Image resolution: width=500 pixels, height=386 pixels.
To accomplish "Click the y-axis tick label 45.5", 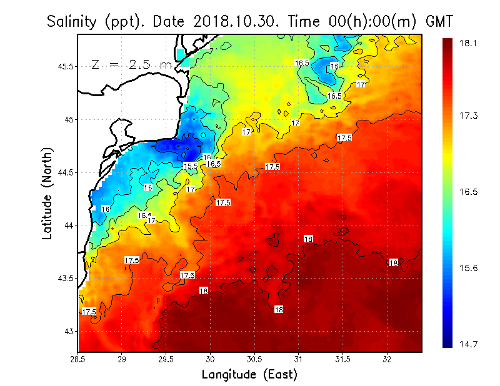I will coord(64,66).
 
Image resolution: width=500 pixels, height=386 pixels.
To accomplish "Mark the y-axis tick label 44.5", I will coord(64,172).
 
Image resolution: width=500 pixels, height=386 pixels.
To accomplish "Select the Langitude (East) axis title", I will coord(249,375).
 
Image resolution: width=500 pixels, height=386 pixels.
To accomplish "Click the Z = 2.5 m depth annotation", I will coord(131,64).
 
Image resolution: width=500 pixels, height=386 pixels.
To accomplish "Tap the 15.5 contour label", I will coord(191,166).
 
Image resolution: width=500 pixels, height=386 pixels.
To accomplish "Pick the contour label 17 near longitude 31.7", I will coord(361,84).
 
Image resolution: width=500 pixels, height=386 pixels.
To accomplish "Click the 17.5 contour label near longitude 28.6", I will coord(89,312).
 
